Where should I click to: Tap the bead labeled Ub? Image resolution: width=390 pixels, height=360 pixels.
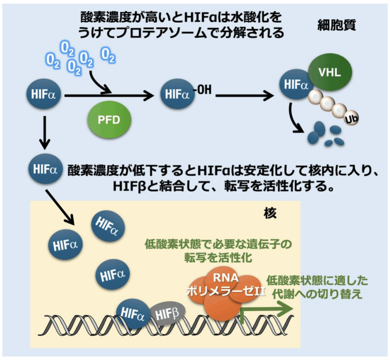point(350,120)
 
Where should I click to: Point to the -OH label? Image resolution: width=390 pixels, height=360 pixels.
point(202,90)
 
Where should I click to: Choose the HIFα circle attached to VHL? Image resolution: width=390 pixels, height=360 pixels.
point(294,84)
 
